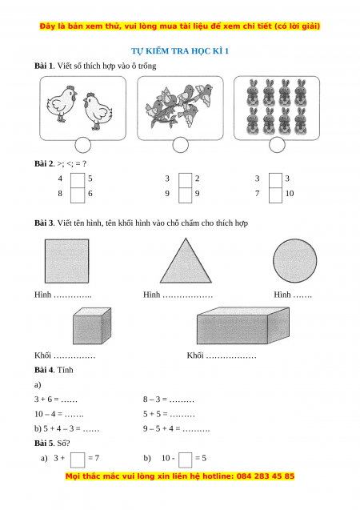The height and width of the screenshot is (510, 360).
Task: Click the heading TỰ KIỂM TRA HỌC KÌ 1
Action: coord(180,51)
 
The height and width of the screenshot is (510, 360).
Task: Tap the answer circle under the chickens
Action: coord(83,145)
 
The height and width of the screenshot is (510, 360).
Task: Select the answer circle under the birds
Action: coord(180,145)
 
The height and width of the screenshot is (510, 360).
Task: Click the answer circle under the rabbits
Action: coord(277,144)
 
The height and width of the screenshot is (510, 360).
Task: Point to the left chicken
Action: coord(62,104)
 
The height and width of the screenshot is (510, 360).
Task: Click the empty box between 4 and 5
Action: coord(78,180)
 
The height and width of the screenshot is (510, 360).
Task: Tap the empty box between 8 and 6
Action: coord(78,195)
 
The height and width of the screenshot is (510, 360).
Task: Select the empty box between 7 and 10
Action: coord(275,195)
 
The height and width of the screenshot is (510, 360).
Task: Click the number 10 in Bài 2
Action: coord(290,194)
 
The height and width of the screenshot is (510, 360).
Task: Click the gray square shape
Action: coord(66,261)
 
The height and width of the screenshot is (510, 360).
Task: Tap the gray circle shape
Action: coord(294,260)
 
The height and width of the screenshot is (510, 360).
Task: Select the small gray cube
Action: coord(92,326)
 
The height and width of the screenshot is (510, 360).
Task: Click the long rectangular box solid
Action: coord(243,326)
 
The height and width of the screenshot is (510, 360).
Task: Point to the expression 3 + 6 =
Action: coord(46,400)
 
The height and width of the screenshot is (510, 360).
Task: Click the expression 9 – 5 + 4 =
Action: coord(162,428)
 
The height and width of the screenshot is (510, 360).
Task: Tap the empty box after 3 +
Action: coord(78,460)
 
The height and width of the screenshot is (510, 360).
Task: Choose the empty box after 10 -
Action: coord(185,460)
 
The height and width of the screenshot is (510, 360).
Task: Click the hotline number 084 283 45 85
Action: coord(266,476)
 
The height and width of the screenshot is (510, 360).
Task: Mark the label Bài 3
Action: coord(44,223)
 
